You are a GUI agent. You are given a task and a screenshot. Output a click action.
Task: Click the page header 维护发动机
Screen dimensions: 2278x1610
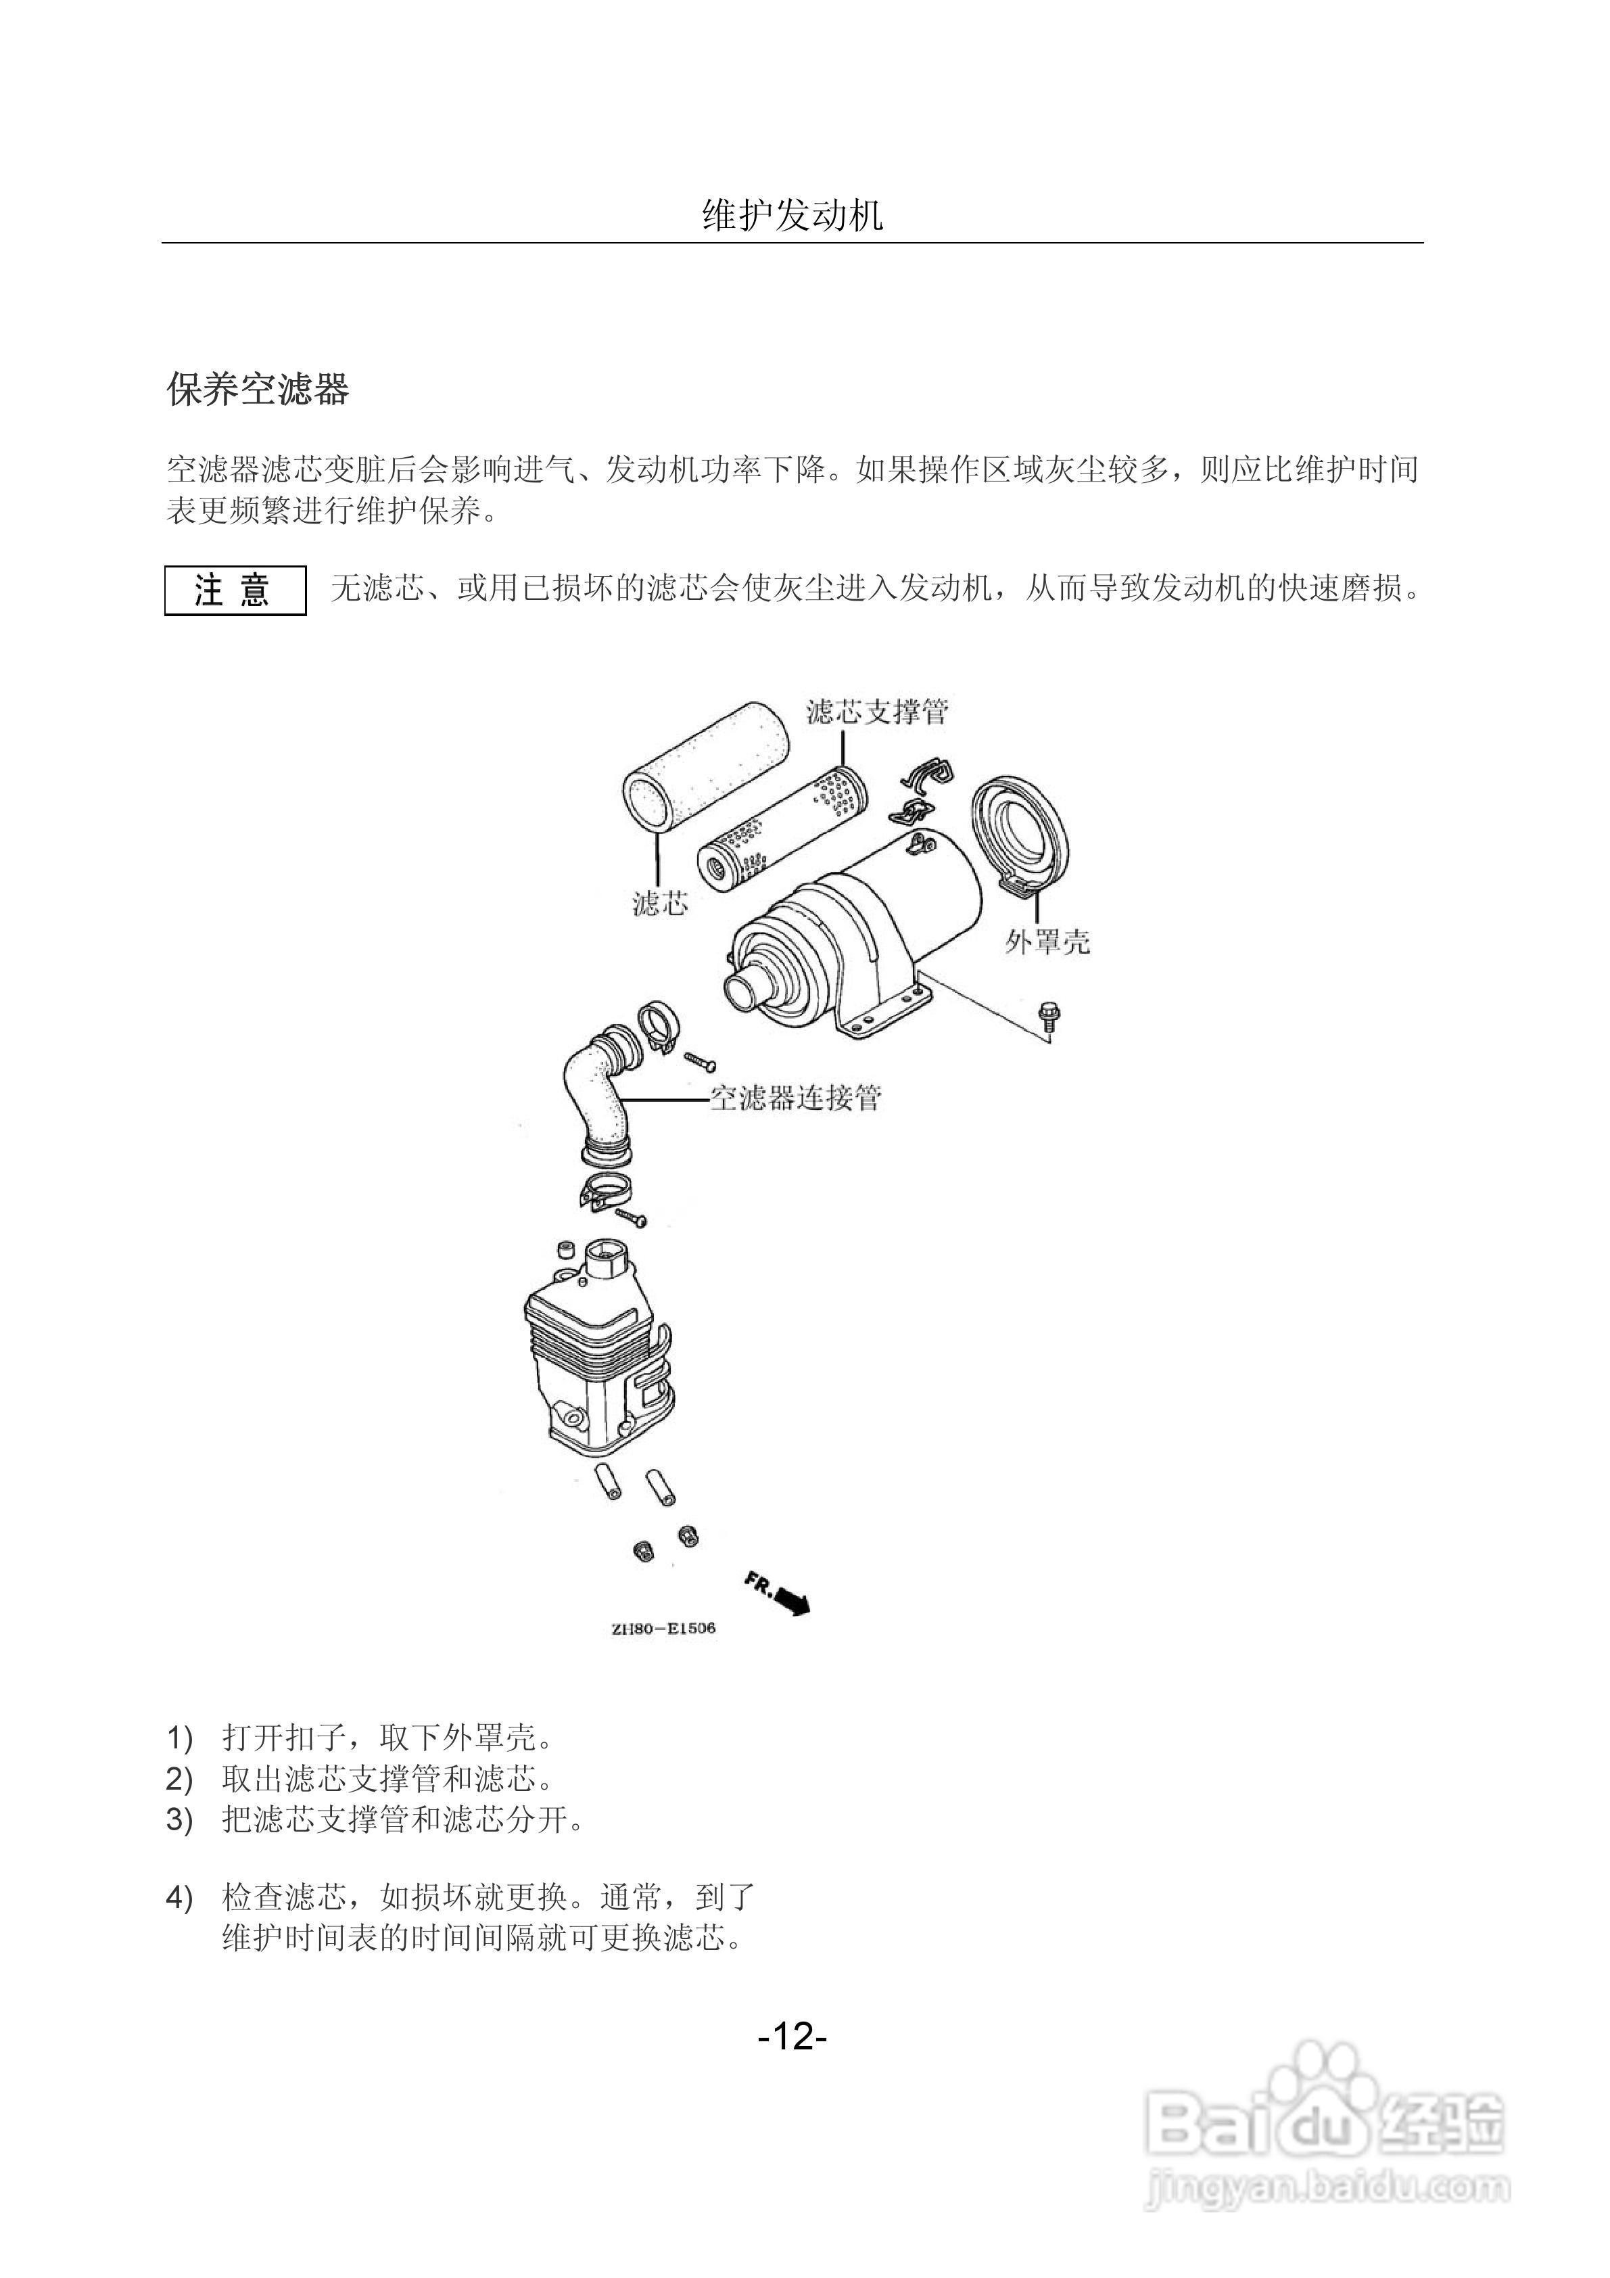[x=792, y=215]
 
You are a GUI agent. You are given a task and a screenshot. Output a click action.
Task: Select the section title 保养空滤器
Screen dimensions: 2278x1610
[x=257, y=390]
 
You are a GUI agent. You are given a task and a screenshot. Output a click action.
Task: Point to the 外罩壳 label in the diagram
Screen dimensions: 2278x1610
[x=1047, y=942]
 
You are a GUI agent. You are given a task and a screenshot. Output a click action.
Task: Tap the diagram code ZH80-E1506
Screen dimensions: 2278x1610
[x=663, y=1628]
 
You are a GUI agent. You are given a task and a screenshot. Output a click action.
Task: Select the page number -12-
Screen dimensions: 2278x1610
[x=792, y=2037]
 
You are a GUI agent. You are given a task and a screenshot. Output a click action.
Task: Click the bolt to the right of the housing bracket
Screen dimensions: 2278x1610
[x=1047, y=1018]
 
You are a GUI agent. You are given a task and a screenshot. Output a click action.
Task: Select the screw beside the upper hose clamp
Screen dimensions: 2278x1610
[x=701, y=1061]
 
